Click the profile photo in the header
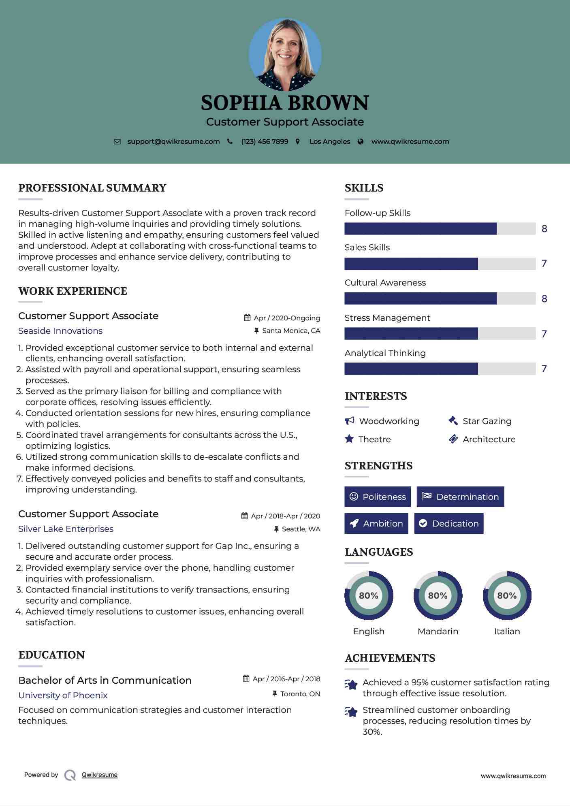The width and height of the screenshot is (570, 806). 285,54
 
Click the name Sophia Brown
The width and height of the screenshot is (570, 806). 285,103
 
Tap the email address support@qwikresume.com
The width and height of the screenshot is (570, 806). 173,142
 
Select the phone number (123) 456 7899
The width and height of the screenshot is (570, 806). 265,142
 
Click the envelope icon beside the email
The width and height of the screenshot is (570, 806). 117,142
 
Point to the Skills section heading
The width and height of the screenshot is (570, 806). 364,188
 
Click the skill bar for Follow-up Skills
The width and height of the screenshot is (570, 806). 440,229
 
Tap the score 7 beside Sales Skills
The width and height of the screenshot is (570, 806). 544,264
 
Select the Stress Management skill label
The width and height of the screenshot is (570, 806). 387,318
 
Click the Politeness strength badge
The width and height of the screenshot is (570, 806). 378,497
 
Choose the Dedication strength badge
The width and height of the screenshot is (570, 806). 449,524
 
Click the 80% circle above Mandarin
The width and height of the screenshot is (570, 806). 438,596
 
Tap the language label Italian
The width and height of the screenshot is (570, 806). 507,631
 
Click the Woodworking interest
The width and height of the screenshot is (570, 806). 389,421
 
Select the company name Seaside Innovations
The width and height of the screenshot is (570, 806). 60,331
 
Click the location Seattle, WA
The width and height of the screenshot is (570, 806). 301,529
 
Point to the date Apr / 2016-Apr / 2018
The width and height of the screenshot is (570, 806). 286,679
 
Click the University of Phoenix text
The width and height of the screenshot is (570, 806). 63,695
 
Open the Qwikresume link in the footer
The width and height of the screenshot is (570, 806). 100,775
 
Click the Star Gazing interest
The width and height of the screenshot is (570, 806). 487,421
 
